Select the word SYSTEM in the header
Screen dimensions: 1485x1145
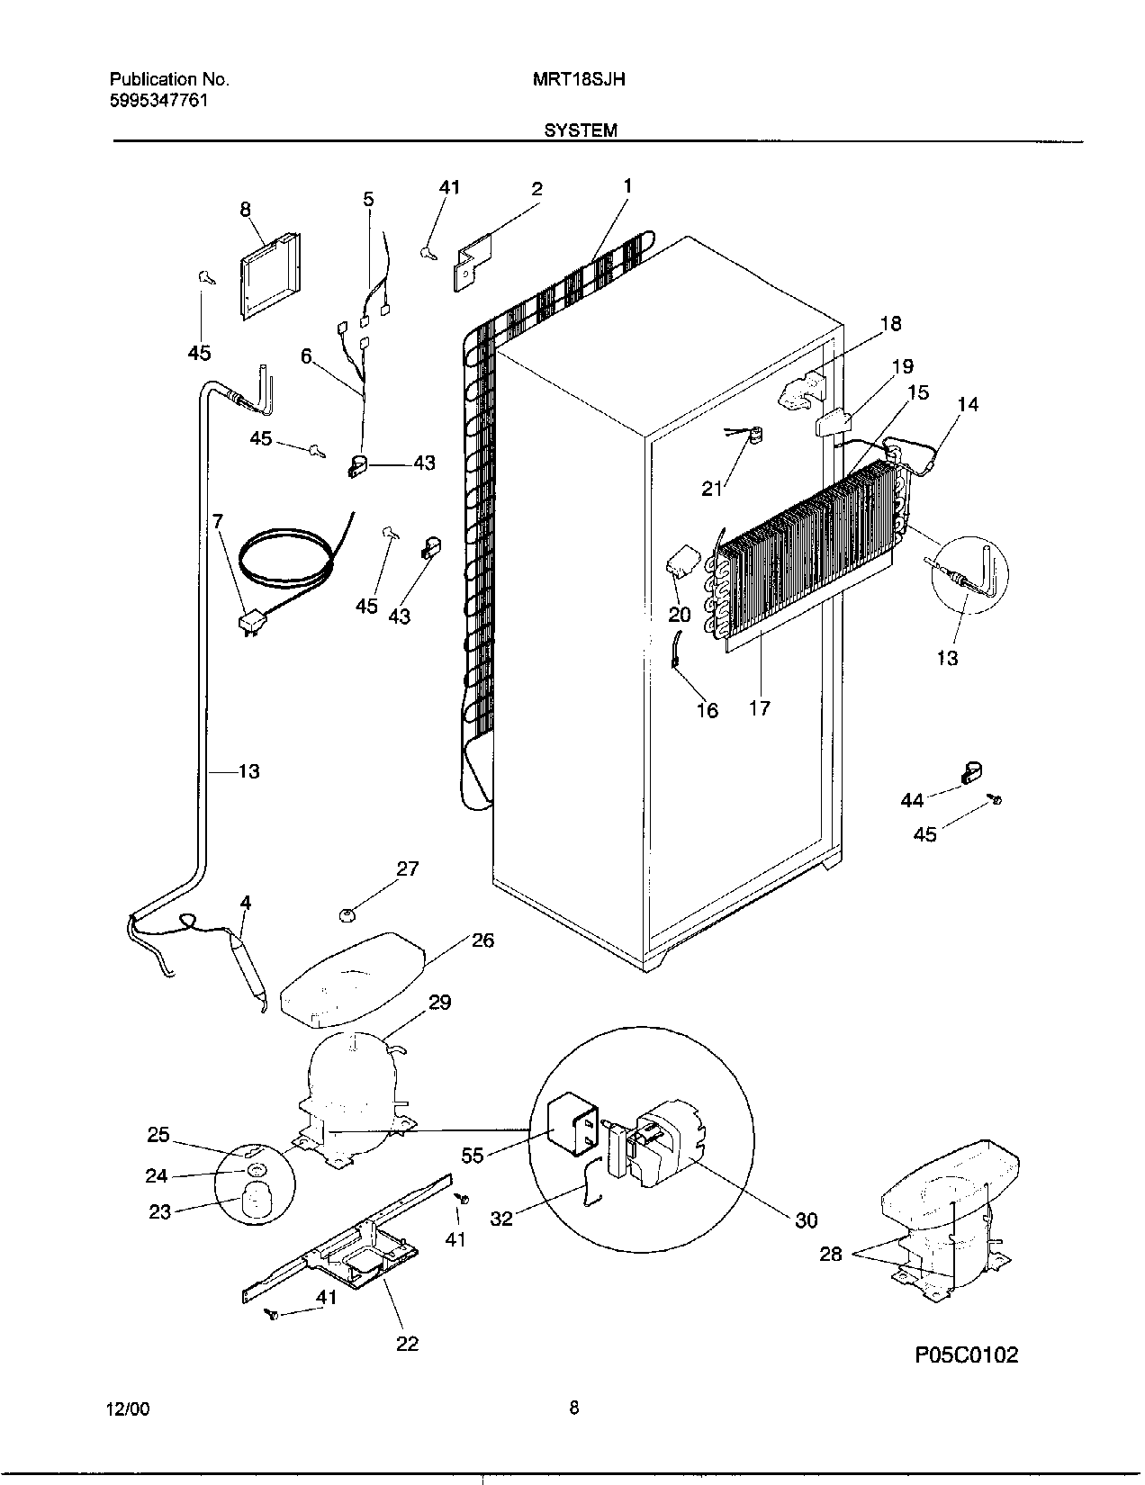(581, 130)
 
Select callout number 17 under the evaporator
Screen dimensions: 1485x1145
(760, 708)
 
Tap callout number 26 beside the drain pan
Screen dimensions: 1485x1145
(482, 940)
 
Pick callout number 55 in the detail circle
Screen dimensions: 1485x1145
(473, 1155)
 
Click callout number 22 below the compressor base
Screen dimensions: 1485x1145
(407, 1344)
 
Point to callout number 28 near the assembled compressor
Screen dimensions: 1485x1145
(830, 1253)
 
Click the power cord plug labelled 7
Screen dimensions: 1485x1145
(251, 623)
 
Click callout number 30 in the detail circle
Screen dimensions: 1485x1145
(806, 1219)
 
